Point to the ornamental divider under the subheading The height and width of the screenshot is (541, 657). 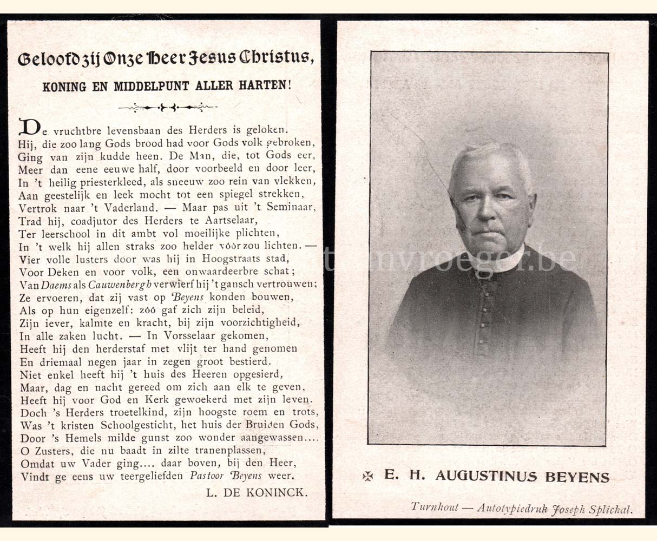(x=168, y=108)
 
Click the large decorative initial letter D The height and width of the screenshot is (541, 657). (x=29, y=128)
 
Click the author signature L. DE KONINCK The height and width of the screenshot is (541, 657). (x=257, y=492)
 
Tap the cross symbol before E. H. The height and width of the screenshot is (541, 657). (x=368, y=476)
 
